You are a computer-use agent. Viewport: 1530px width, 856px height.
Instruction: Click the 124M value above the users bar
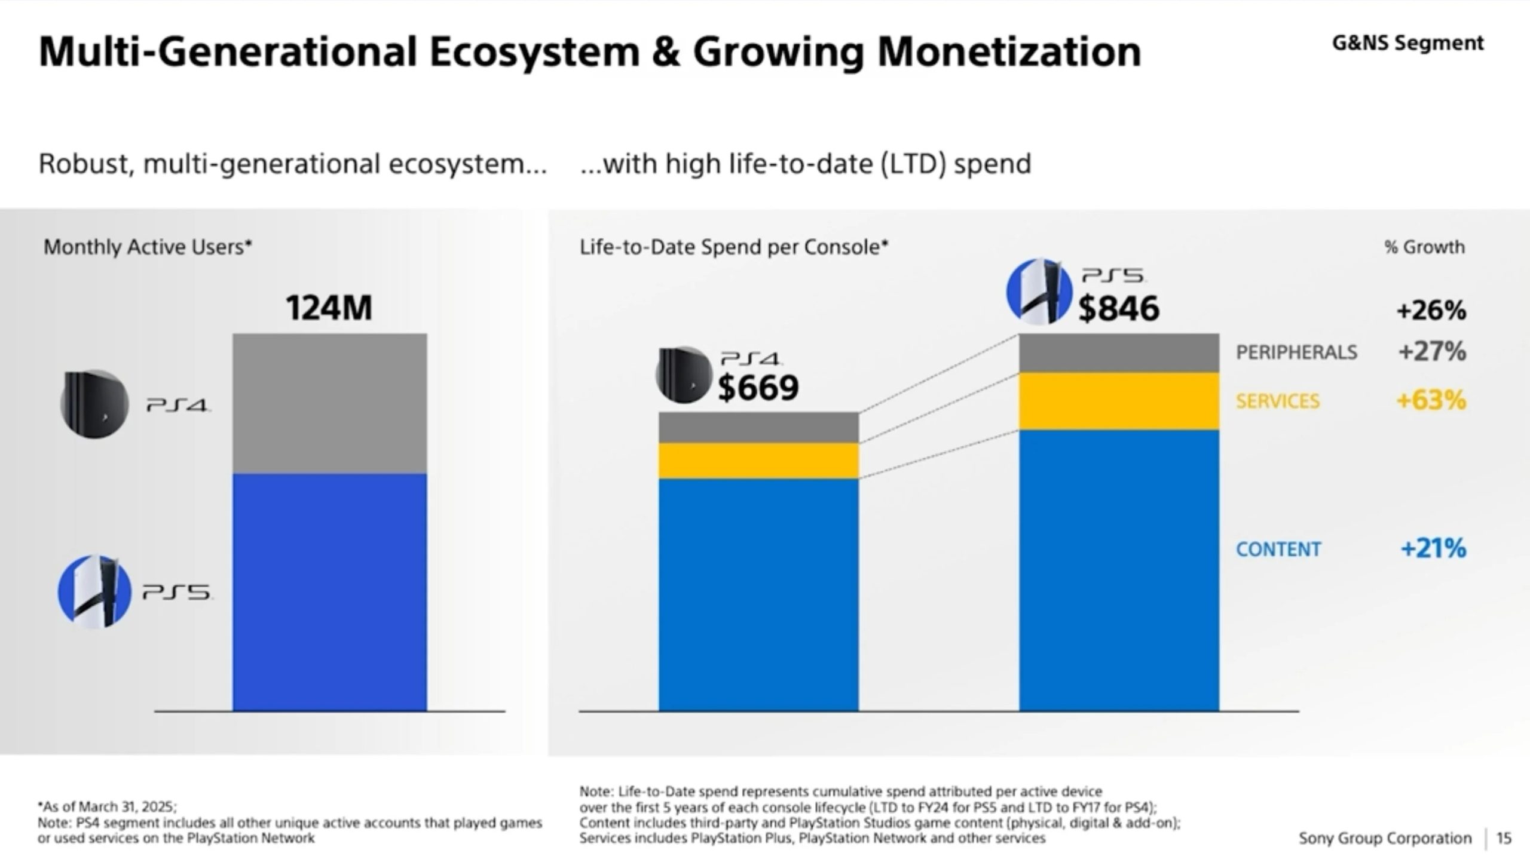tap(329, 308)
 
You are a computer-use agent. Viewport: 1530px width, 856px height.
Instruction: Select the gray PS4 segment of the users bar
tap(329, 403)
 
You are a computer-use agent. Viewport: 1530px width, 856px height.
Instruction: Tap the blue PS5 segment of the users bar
tap(329, 591)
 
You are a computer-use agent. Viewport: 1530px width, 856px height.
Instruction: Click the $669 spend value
tap(758, 388)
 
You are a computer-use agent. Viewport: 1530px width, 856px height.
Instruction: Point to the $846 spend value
tap(1118, 309)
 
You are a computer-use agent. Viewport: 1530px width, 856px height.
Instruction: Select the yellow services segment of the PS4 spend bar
tap(758, 461)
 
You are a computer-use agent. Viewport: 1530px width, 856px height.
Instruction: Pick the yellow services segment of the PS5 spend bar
tap(1118, 401)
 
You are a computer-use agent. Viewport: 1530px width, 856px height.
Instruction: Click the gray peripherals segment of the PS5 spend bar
tap(1118, 353)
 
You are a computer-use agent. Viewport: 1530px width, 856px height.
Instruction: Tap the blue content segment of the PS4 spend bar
tap(758, 594)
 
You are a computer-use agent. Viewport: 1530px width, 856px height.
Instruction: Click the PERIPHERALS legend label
tap(1296, 352)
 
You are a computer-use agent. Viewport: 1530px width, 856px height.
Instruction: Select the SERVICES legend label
tap(1278, 401)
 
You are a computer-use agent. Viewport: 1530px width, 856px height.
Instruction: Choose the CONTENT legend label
tap(1278, 549)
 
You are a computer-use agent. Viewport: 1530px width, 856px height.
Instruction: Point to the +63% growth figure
tap(1431, 400)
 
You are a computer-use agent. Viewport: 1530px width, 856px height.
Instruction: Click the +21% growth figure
tap(1433, 548)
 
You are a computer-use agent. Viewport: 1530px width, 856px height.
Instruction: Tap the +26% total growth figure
tap(1431, 311)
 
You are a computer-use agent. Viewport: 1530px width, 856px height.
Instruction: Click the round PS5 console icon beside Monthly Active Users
tap(94, 591)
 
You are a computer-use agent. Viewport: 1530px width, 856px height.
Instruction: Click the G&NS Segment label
tap(1407, 43)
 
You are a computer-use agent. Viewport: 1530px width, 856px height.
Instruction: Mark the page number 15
tap(1504, 838)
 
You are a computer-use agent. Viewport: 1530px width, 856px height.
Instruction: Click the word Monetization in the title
tap(1009, 52)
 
